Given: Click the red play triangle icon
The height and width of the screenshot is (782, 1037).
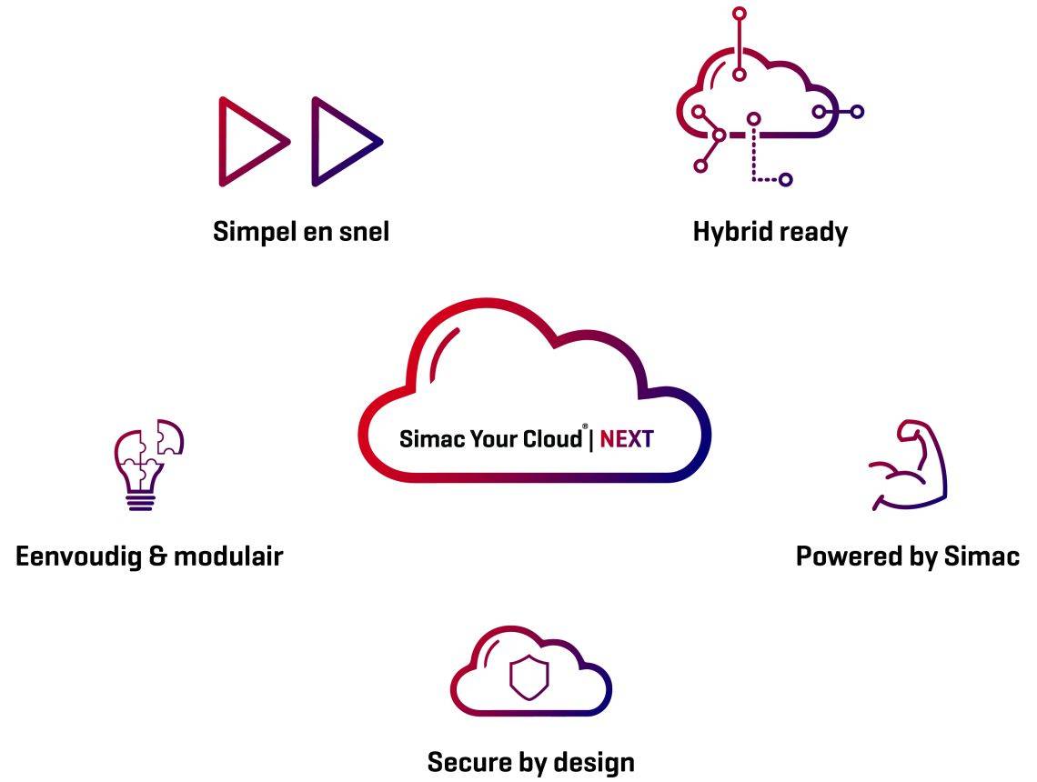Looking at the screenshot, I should click(247, 142).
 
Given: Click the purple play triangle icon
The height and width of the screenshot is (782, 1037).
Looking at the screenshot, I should click(340, 142).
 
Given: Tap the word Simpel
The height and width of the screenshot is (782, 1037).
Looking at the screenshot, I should click(251, 232).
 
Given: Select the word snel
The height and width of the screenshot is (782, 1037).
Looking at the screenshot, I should click(359, 232).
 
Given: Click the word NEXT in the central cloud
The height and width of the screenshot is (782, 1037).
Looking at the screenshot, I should click(627, 439).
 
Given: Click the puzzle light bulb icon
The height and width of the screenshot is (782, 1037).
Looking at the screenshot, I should click(146, 464).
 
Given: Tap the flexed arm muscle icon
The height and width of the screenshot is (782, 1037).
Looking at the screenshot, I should click(907, 465).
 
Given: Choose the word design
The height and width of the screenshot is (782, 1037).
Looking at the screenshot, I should click(592, 761).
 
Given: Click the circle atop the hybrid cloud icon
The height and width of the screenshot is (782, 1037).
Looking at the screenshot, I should click(740, 14).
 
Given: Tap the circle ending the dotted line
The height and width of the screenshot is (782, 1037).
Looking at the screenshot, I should click(786, 180).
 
